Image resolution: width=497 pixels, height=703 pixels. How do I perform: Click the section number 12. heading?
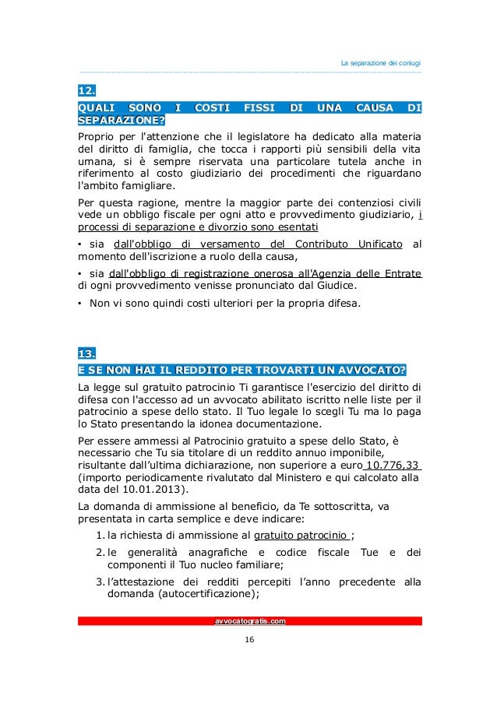pyautogui.click(x=86, y=92)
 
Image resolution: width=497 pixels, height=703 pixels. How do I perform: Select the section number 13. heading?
pyautogui.click(x=86, y=353)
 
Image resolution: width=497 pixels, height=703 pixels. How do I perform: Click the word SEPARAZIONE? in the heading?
pyautogui.click(x=122, y=120)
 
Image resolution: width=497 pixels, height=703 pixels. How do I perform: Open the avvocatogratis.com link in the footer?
pyautogui.click(x=249, y=620)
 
